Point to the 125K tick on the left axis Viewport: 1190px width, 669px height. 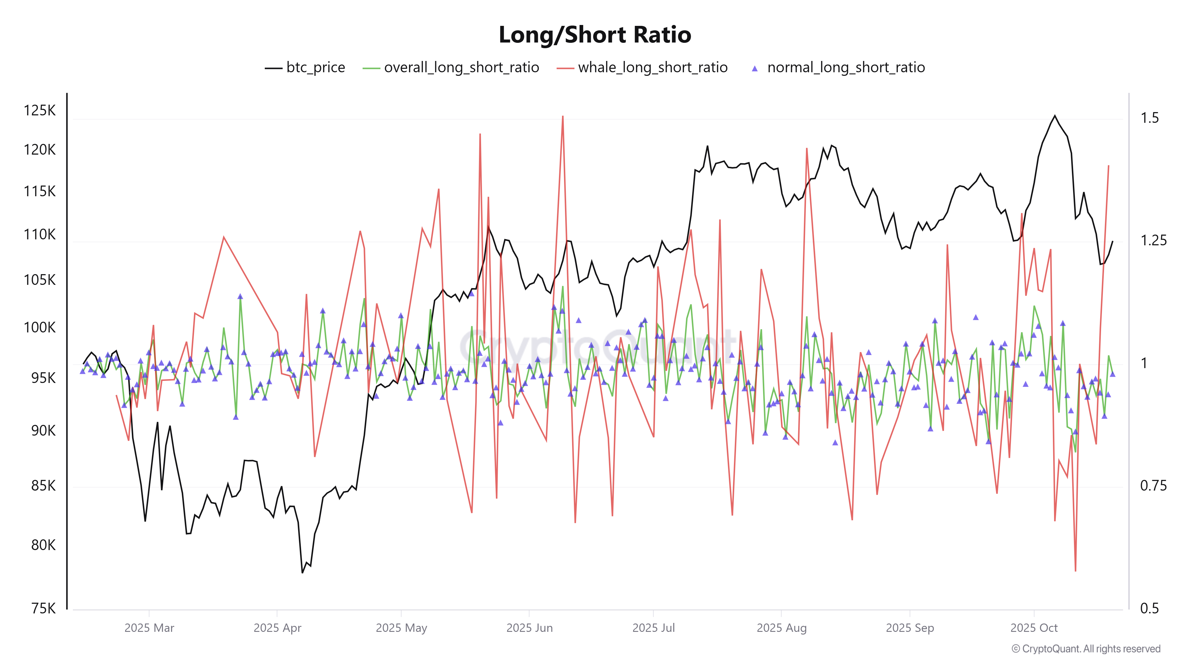[x=40, y=110]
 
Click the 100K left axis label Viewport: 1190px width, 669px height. [x=40, y=327]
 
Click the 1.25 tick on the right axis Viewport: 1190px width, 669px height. [x=1153, y=241]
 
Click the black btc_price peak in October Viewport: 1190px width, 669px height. [x=1055, y=116]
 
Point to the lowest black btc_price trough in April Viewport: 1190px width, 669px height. [x=303, y=572]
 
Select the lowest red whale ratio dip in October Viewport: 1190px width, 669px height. [x=1075, y=571]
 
